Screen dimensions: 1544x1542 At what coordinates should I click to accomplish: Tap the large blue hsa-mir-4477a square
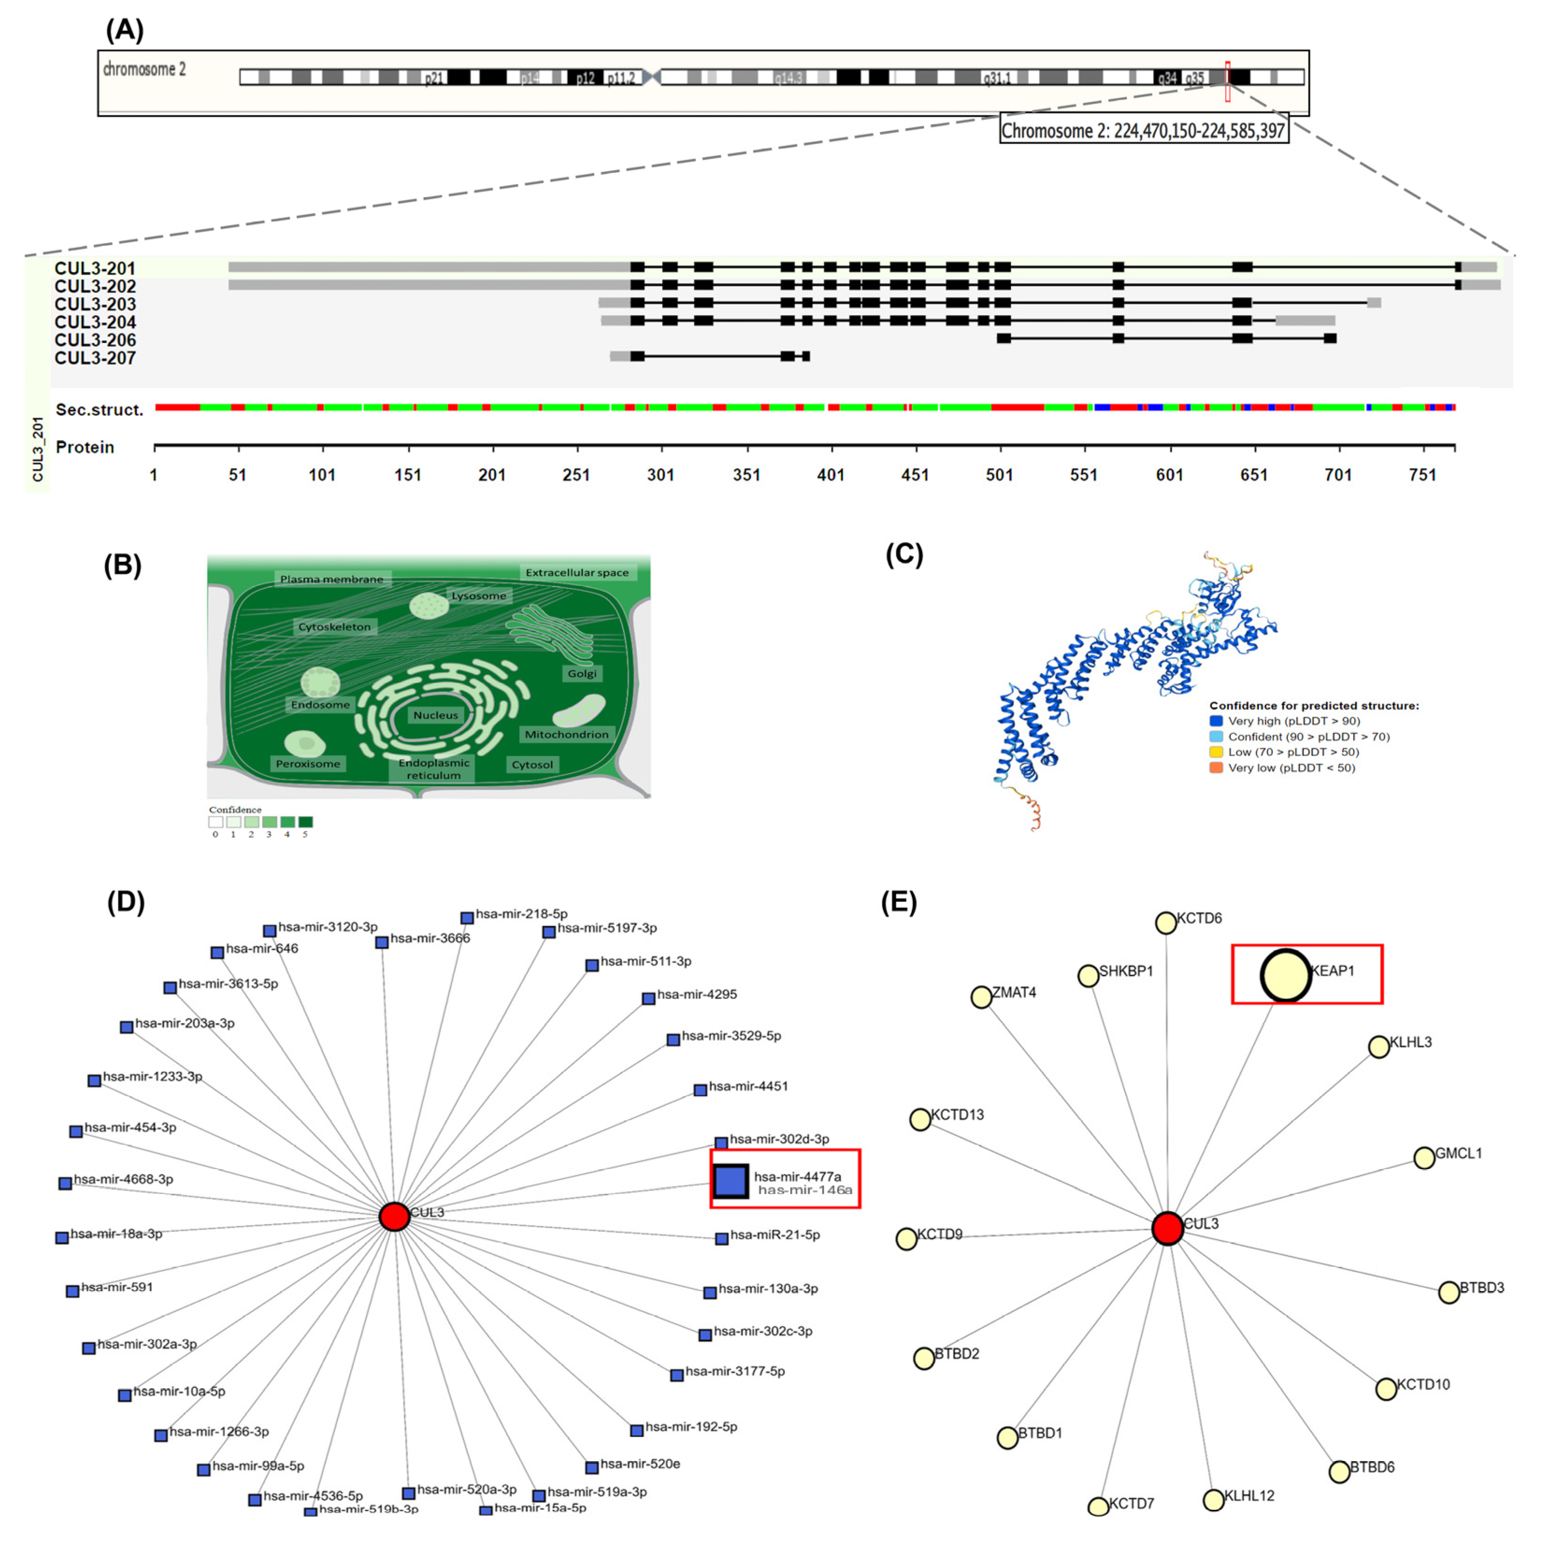[730, 1180]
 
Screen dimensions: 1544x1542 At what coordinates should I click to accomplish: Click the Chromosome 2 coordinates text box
[1143, 130]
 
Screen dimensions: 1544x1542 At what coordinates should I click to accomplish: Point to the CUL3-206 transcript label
[95, 340]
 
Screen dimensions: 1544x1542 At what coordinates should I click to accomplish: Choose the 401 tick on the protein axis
[831, 475]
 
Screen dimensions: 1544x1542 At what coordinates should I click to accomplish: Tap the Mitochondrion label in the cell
[566, 734]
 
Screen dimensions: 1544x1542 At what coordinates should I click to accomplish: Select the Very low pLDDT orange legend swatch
[1216, 767]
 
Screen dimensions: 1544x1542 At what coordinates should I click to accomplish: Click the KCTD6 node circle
[1165, 923]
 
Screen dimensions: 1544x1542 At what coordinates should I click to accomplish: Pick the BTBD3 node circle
[1449, 1292]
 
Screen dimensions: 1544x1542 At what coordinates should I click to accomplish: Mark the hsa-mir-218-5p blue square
[467, 918]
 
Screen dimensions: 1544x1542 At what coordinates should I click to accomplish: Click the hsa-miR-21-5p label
[775, 1235]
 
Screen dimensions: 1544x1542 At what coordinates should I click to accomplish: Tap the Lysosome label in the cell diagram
[479, 595]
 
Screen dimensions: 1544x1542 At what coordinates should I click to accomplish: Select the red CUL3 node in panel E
[1167, 1228]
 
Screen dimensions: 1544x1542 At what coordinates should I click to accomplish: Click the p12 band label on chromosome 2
[585, 79]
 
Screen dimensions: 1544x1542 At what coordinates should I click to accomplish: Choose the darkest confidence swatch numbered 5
[305, 822]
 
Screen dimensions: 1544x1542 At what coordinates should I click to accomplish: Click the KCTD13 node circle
[920, 1119]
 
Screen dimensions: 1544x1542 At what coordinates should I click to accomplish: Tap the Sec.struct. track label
[99, 410]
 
